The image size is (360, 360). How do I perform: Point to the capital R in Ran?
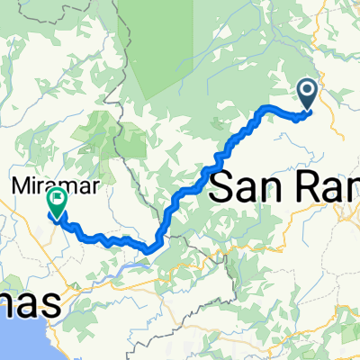[x=319, y=188]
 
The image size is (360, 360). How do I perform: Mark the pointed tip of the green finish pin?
[x=57, y=220]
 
